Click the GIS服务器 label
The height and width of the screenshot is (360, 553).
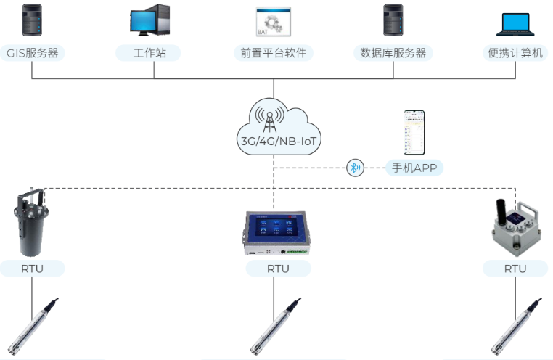click(x=32, y=53)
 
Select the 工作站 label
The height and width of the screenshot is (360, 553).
click(x=148, y=53)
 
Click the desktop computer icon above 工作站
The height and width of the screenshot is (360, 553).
click(x=149, y=22)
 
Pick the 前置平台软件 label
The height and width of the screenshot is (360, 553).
click(x=274, y=53)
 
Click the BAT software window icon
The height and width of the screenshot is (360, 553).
click(x=273, y=22)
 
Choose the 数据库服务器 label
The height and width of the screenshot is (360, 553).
click(x=393, y=53)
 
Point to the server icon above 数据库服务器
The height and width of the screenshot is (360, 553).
click(x=393, y=22)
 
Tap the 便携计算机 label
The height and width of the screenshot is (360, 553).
click(x=515, y=53)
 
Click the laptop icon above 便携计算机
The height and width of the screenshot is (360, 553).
click(x=517, y=23)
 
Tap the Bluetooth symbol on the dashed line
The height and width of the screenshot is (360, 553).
click(x=355, y=168)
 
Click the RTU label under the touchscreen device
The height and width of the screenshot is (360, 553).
click(x=278, y=269)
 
